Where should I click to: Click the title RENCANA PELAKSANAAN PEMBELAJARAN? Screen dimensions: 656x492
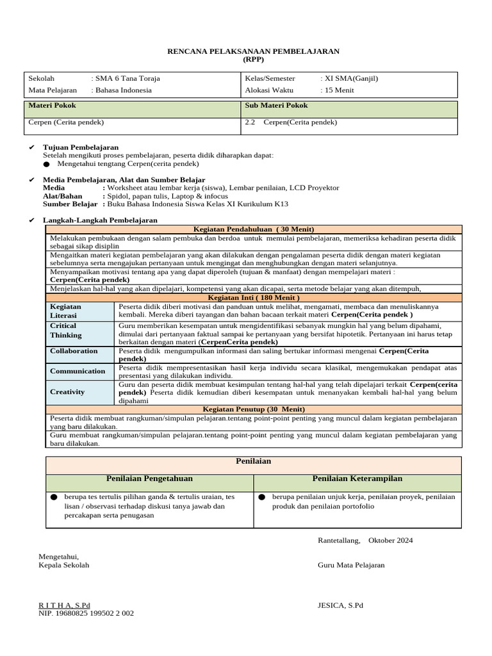coord(253,51)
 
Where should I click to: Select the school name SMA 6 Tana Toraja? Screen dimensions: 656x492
coord(127,78)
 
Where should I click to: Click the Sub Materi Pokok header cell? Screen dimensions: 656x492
coord(276,106)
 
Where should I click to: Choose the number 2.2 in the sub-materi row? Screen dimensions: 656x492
coord(250,122)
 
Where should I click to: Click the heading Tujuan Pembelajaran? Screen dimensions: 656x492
coord(81,147)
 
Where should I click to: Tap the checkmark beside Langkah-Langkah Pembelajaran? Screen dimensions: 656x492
coord(31,220)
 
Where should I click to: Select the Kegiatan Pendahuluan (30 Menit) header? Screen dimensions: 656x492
coord(254,229)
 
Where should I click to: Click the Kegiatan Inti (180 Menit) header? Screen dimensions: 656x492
coord(254,298)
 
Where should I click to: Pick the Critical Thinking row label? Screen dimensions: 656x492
coord(66,331)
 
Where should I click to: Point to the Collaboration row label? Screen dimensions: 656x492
coord(74,351)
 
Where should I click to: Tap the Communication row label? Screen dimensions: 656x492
coord(78,372)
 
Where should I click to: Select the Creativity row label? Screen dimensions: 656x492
coord(67,392)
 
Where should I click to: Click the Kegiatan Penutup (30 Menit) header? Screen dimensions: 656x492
coord(254,409)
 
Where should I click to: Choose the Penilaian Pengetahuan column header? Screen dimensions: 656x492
coord(149,479)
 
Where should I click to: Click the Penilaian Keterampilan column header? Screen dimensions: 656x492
coord(357,479)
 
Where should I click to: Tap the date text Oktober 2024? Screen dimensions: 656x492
coord(391,541)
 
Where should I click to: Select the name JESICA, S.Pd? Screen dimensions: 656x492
coord(340,605)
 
